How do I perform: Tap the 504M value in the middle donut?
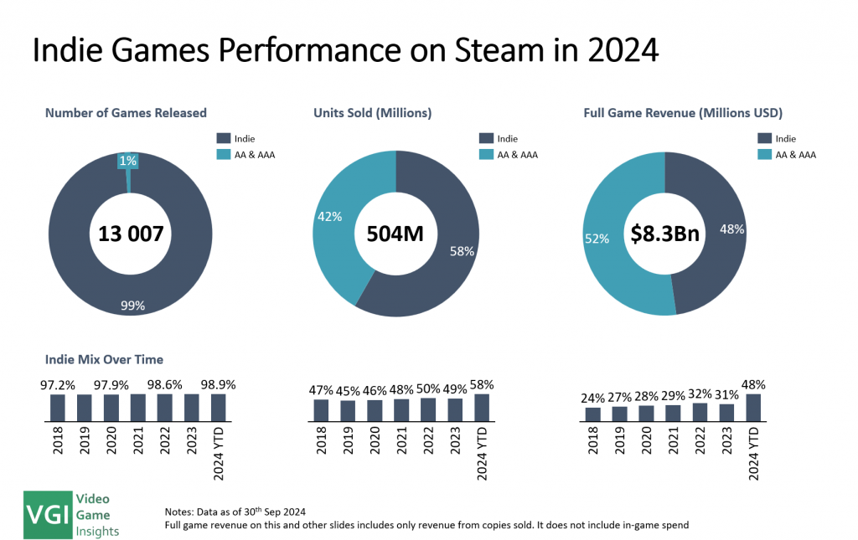(x=395, y=235)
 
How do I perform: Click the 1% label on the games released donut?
(x=128, y=160)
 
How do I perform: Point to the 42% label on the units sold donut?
(x=328, y=217)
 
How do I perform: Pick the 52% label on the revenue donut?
(x=597, y=238)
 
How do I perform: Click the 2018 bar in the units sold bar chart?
(x=322, y=409)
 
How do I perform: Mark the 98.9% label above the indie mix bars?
(x=219, y=384)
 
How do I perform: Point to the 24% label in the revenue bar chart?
(x=593, y=398)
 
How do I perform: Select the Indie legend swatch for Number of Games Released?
(x=223, y=138)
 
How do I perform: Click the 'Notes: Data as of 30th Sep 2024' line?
(x=237, y=511)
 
